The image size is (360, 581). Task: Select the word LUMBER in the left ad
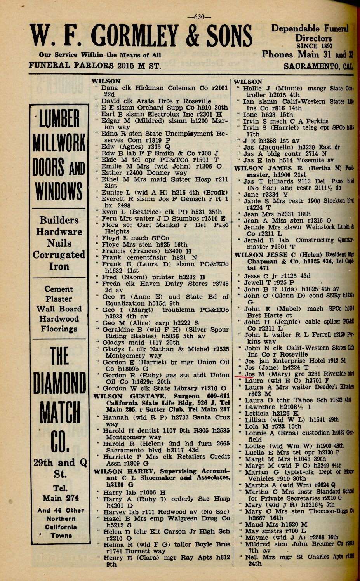[x=59, y=118]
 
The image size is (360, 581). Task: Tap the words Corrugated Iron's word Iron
[x=59, y=266]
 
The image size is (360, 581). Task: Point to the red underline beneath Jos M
[x=245, y=377]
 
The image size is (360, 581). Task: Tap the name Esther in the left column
[x=111, y=173]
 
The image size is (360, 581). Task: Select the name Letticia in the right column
[x=259, y=413]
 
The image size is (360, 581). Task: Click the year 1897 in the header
[x=321, y=45]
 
